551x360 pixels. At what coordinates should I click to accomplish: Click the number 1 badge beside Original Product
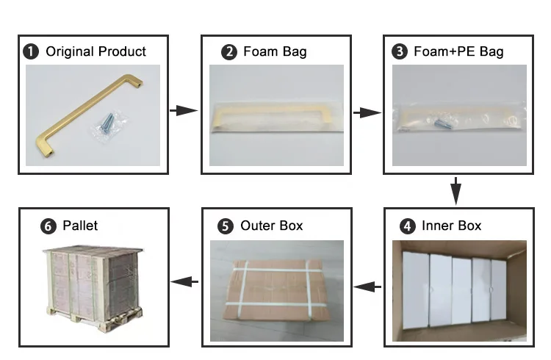click(x=32, y=52)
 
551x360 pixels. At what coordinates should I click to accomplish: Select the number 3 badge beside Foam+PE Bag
click(x=400, y=52)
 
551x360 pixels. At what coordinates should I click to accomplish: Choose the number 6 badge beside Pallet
click(x=48, y=226)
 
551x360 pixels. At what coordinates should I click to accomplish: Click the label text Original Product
click(x=96, y=52)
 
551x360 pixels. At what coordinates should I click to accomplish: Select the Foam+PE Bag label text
click(x=458, y=52)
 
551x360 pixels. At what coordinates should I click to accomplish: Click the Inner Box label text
click(x=451, y=226)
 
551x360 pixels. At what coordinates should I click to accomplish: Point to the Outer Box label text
click(x=271, y=226)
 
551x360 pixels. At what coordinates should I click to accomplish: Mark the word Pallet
click(x=80, y=226)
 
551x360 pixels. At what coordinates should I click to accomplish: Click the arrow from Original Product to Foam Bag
click(x=184, y=111)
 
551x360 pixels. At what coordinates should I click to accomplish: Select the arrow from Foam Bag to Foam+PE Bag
click(x=367, y=113)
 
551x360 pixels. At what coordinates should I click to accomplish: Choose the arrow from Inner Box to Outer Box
click(x=367, y=286)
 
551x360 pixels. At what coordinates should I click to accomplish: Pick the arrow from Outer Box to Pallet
click(x=184, y=281)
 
